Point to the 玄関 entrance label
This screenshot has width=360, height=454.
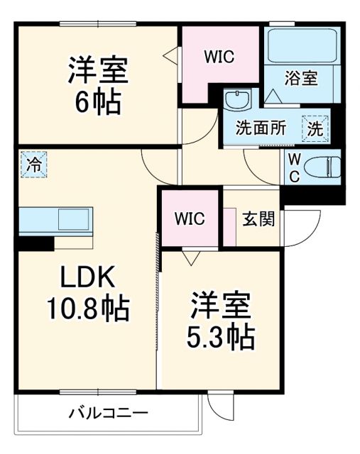(x=253, y=218)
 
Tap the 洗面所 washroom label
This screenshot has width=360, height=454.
(x=261, y=128)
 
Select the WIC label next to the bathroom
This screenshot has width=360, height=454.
(x=219, y=55)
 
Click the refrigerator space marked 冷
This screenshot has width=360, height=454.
(x=33, y=165)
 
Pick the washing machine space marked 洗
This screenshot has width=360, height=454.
(x=315, y=128)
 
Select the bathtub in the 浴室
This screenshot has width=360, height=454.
(x=301, y=46)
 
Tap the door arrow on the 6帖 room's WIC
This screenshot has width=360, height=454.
(x=169, y=54)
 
